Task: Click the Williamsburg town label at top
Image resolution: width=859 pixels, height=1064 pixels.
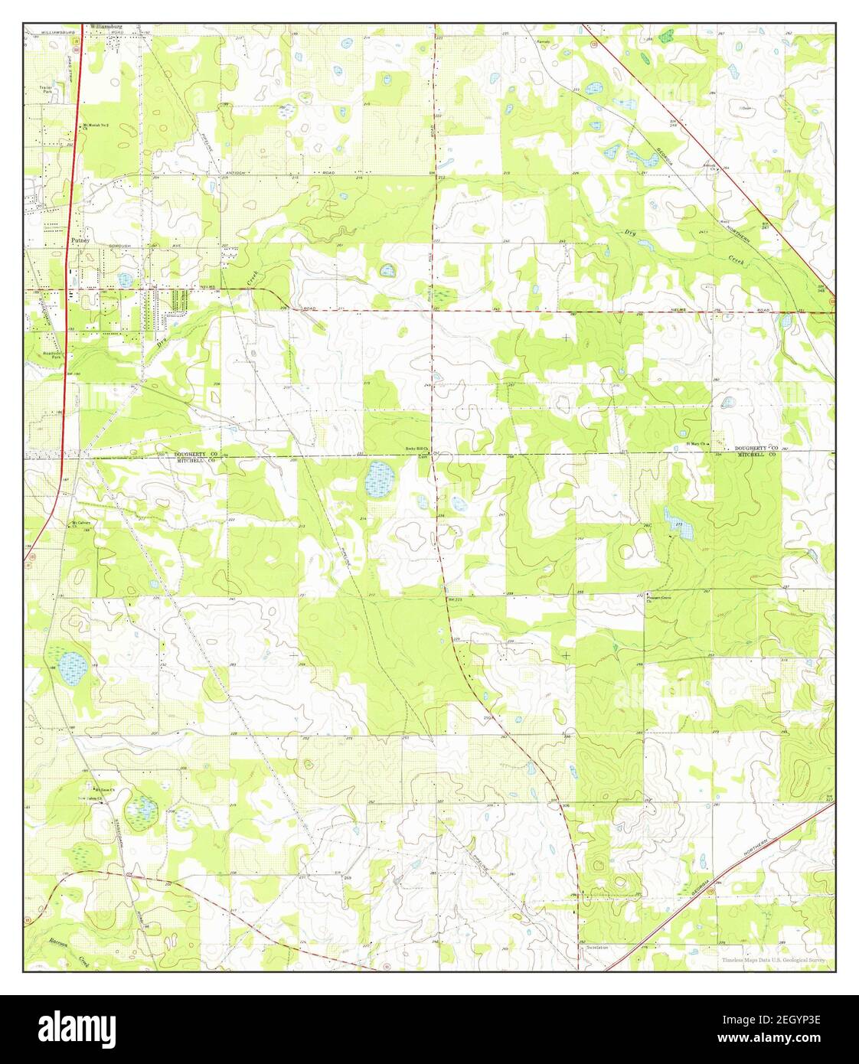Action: [x=107, y=26]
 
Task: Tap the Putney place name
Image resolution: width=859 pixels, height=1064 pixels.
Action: [x=80, y=240]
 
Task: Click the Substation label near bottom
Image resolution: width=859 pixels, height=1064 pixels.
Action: [x=596, y=948]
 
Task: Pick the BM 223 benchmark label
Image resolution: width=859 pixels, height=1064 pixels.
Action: [x=451, y=599]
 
